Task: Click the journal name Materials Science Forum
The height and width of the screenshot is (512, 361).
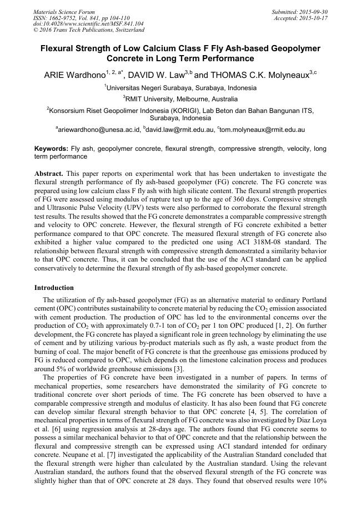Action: (64, 12)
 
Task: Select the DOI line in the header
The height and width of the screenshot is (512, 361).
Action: (88, 24)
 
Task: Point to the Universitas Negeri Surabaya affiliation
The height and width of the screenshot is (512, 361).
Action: (181, 88)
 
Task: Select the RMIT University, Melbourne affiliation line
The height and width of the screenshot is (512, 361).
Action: (181, 99)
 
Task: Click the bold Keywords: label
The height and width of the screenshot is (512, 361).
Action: (51, 149)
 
